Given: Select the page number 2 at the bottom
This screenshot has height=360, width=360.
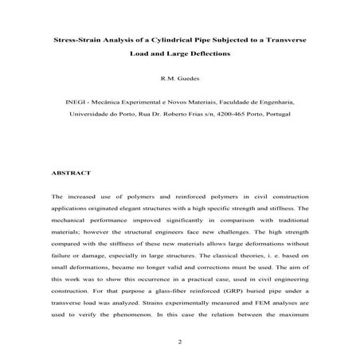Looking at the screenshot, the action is point(180,343).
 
